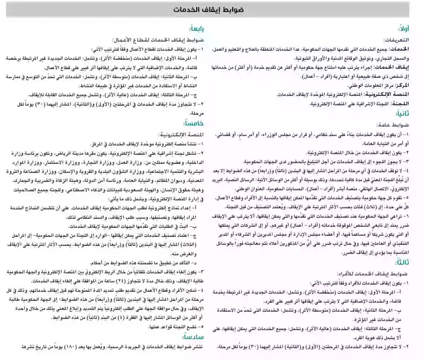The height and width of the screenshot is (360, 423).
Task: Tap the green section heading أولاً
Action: (x=404, y=29)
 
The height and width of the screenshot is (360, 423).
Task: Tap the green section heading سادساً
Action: (x=194, y=337)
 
